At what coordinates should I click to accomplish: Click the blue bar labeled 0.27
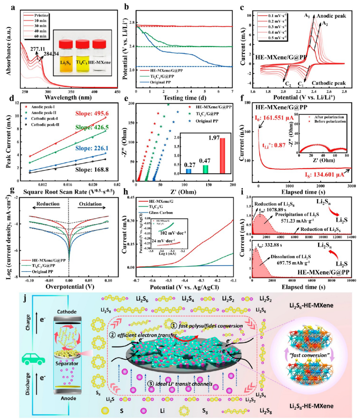tap(189, 171)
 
